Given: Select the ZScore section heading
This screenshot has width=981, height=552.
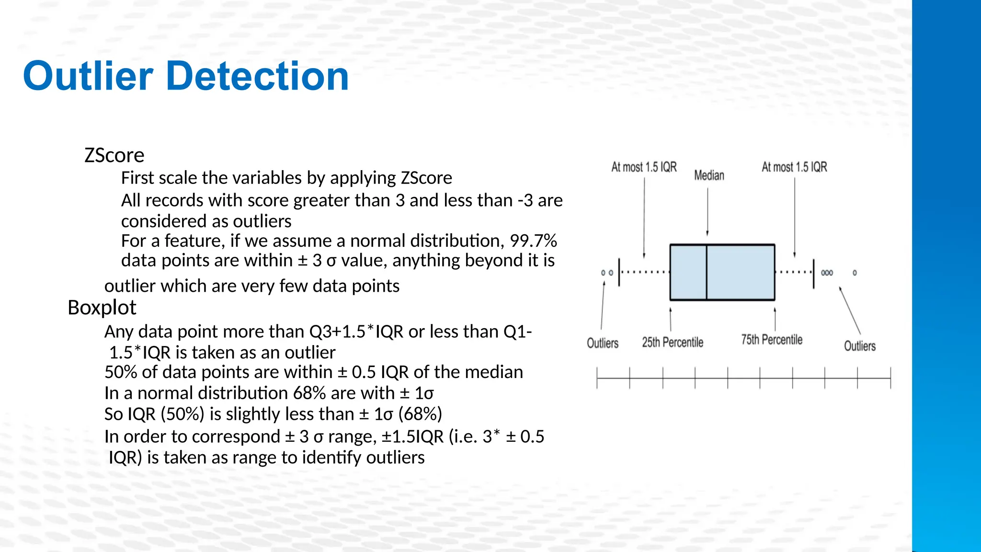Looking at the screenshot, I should (x=114, y=156).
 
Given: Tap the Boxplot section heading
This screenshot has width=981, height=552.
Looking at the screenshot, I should (x=102, y=308).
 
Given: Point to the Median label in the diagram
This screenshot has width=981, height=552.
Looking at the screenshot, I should (x=709, y=175).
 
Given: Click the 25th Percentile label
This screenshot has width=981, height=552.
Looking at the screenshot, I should (x=673, y=343).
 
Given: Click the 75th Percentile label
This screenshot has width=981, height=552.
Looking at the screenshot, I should (x=771, y=340).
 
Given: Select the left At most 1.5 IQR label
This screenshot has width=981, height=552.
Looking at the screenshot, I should (x=644, y=167).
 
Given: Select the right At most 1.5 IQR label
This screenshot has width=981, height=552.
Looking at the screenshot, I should (x=794, y=167).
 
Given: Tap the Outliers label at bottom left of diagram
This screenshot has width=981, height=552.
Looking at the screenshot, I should (x=603, y=344).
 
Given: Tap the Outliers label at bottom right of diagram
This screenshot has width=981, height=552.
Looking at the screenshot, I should (x=859, y=346).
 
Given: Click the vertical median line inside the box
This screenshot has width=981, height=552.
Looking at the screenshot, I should (x=707, y=272).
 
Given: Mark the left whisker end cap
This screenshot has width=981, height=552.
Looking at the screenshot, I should (x=619, y=272).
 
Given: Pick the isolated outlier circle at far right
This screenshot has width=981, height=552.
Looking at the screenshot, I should (x=855, y=273).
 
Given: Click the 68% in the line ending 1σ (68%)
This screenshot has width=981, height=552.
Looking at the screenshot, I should (x=422, y=414).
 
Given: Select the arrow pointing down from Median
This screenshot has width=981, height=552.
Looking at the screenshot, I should (x=707, y=211).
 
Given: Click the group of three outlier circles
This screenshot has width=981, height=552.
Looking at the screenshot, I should (x=827, y=273).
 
